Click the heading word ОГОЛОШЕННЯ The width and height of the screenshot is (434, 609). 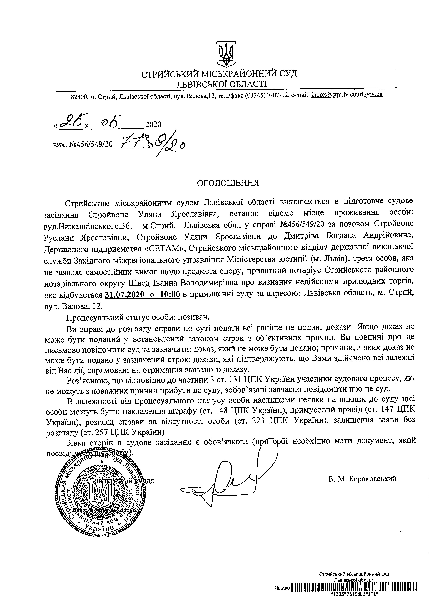228,183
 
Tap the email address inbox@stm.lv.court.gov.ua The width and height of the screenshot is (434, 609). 347,95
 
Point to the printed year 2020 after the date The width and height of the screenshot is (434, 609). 153,125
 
